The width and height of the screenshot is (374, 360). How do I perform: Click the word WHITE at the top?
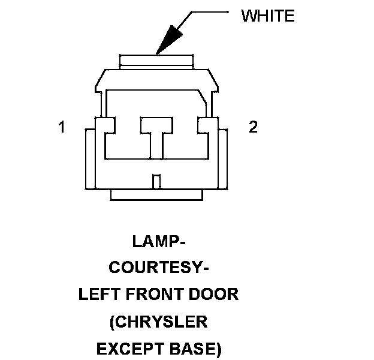pos(267,16)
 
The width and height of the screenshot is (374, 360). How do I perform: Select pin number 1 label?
pos(61,127)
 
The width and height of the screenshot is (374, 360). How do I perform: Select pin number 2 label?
pos(253,127)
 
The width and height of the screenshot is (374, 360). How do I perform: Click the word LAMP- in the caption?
pos(158,242)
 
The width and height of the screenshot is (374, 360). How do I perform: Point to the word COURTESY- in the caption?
pos(158,268)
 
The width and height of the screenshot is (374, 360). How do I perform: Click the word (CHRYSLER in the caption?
pos(158,322)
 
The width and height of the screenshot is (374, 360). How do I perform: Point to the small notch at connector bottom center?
pos(156,181)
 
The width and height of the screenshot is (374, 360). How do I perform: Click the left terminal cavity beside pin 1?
pos(104,125)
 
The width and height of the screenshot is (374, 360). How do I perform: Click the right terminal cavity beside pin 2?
pos(207,125)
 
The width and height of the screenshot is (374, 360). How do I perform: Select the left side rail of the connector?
pos(89,160)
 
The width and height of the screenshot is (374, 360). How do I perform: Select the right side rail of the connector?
pos(222,160)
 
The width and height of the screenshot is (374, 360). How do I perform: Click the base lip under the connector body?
pos(156,196)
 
